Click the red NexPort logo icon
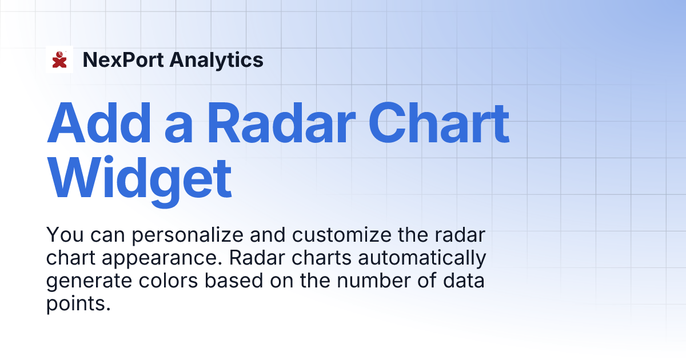pos(59,59)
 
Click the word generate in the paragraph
pos(86,282)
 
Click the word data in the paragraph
pos(465,281)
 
